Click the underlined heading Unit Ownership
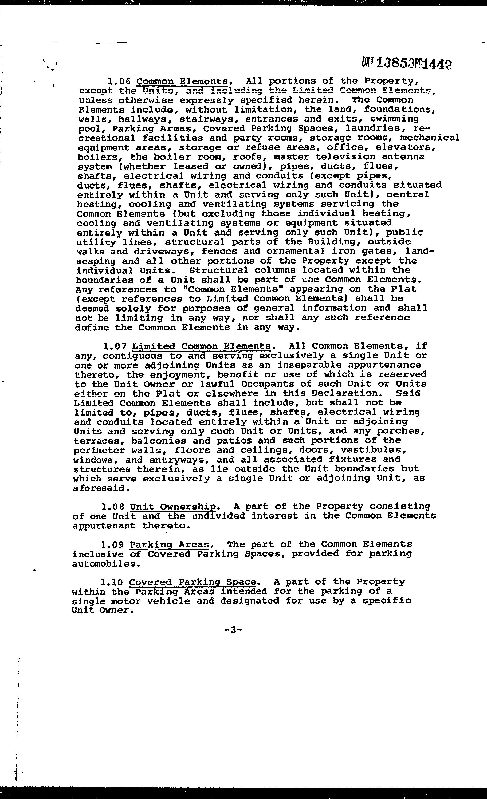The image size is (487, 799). coord(173,507)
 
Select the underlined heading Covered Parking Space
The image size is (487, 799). coord(193,582)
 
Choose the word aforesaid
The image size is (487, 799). coord(101,488)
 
